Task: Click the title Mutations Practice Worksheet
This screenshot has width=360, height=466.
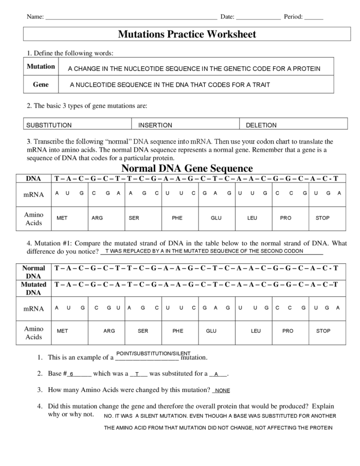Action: (187, 34)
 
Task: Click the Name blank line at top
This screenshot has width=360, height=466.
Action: (131, 17)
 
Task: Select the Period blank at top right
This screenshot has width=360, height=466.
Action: (313, 17)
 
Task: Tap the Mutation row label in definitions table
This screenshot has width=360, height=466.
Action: (41, 66)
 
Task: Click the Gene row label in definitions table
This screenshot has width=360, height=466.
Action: (41, 84)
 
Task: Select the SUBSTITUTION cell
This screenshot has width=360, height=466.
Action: (49, 125)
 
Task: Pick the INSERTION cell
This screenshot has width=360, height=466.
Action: (155, 125)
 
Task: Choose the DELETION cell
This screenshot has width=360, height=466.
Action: (261, 125)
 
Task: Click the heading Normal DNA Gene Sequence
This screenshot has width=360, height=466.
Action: (187, 168)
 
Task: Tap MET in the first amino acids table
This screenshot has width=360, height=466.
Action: (62, 218)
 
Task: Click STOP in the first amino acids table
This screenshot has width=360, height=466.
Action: (322, 218)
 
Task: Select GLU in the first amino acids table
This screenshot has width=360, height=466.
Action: (216, 218)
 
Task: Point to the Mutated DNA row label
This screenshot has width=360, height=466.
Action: (33, 288)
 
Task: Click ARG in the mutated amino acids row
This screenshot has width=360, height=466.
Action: (109, 331)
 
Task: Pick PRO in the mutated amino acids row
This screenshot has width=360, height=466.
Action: (288, 331)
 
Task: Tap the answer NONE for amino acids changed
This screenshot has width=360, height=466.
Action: (222, 391)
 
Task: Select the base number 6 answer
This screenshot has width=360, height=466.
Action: (72, 374)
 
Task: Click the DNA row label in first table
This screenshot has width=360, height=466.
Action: (33, 178)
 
